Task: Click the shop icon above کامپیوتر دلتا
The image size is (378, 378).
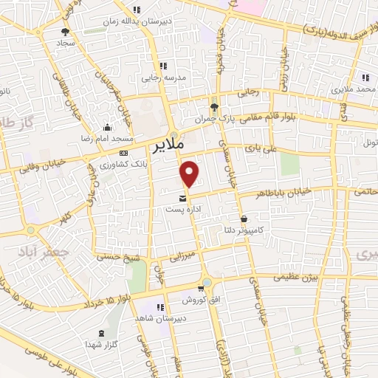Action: pos(244,219)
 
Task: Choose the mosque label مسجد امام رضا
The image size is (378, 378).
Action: pos(109,138)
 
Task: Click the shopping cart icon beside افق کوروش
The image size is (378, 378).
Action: pos(201,289)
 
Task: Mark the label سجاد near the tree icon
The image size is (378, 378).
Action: pos(66,44)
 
